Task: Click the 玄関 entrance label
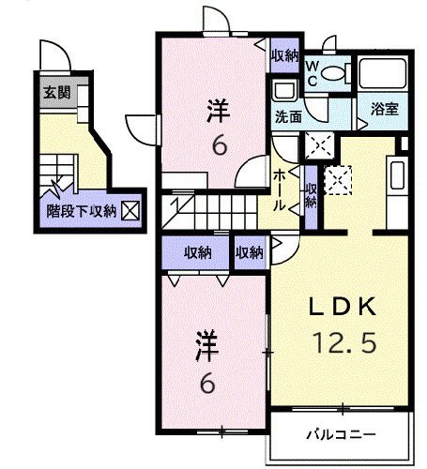tap(53, 93)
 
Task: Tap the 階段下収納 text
tap(81, 212)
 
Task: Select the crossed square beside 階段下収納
tap(130, 211)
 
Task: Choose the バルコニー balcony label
tap(343, 435)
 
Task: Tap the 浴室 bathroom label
tap(385, 109)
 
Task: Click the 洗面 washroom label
tap(287, 117)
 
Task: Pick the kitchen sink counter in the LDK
tap(395, 178)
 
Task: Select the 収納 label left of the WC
tap(284, 56)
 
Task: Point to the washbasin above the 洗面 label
tap(282, 90)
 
